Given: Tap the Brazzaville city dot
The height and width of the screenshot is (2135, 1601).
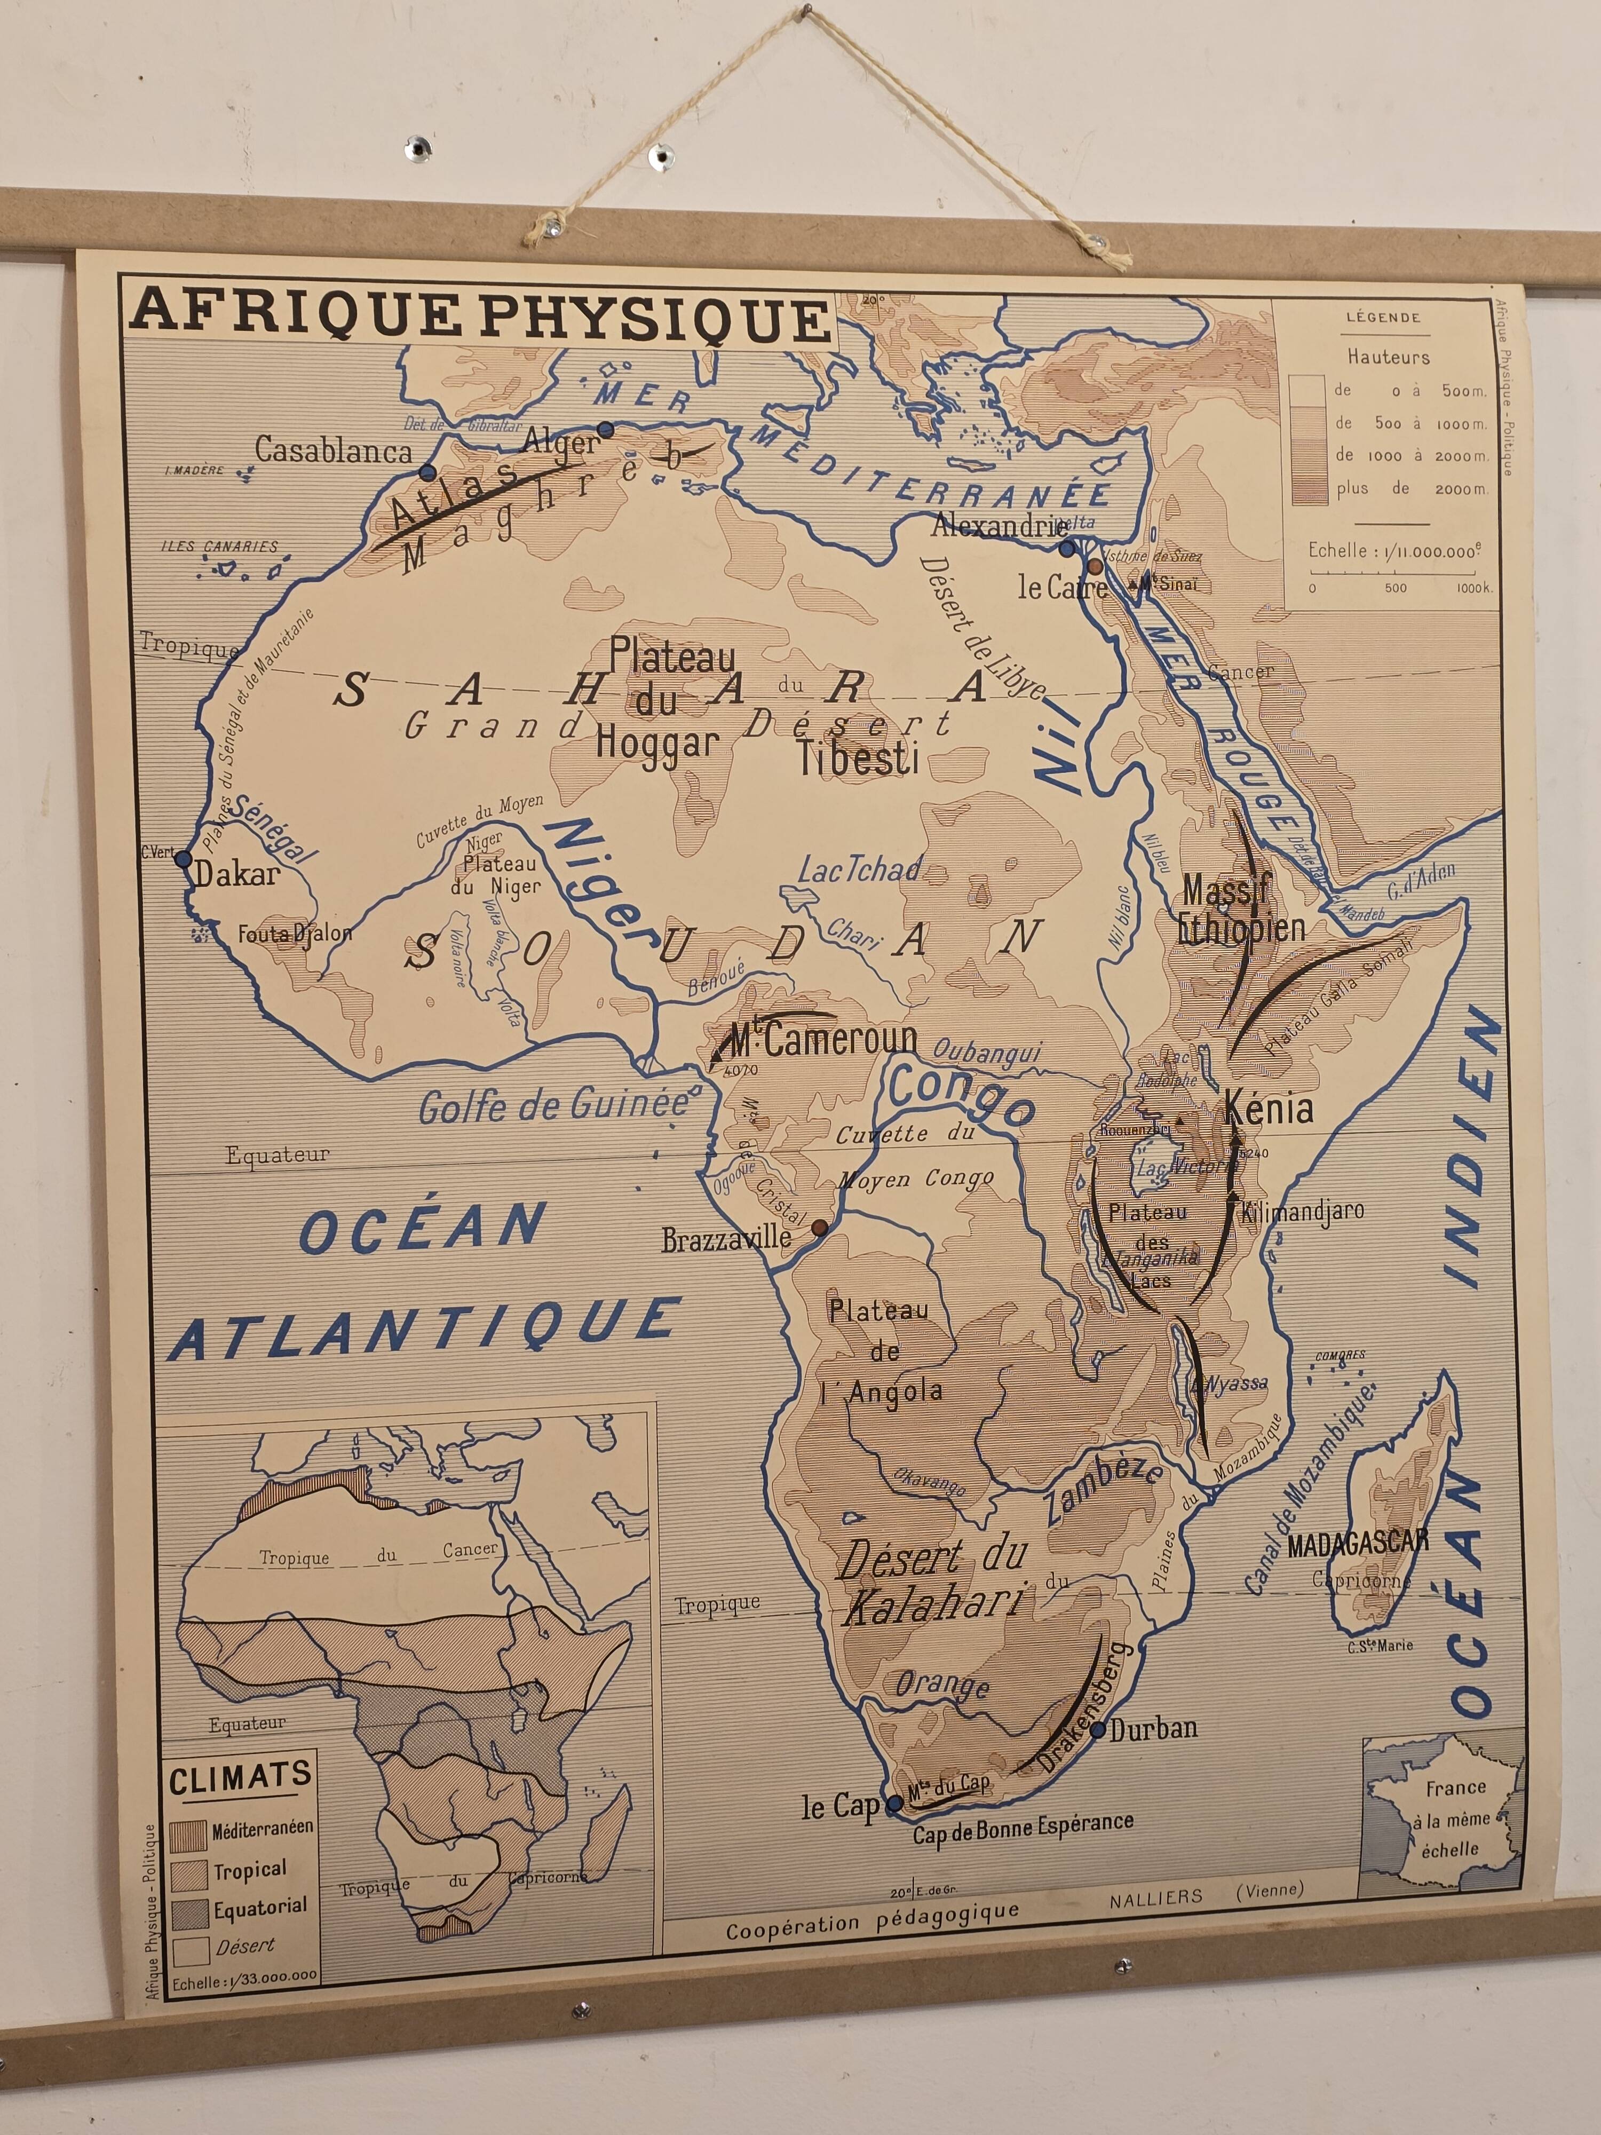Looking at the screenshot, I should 819,1228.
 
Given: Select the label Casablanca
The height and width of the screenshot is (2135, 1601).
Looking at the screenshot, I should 333,450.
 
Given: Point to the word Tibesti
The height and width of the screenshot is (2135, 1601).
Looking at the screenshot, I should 857,758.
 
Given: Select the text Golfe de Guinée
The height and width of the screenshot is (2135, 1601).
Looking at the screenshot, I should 552,1106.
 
